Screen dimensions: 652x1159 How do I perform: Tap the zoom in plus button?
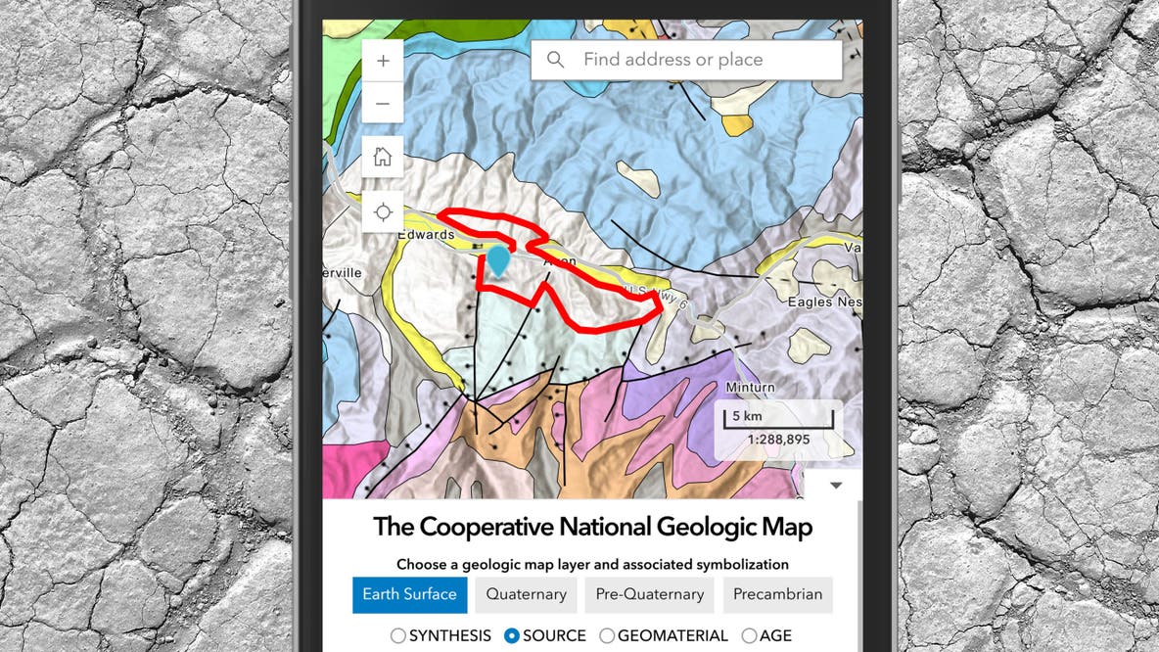pos(383,61)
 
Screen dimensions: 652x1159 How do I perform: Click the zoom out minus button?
pos(383,103)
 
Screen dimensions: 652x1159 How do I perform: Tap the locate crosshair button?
pos(383,211)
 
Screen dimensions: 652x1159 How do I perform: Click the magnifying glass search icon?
pos(556,60)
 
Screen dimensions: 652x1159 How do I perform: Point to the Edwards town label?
pos(426,235)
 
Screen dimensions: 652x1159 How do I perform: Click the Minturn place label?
pos(750,388)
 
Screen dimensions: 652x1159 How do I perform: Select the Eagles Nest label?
pos(824,303)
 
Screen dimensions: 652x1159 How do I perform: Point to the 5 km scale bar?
pos(778,419)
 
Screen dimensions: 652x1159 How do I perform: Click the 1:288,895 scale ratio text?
pos(778,440)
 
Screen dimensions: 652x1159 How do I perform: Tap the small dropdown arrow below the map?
pos(835,485)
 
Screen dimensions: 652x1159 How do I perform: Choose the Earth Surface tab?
pos(409,594)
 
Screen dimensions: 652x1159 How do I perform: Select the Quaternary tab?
pos(526,594)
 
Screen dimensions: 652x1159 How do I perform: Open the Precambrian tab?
pos(778,594)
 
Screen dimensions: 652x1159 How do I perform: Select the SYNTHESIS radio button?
pos(398,636)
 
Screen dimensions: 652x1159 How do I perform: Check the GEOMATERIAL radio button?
pos(607,636)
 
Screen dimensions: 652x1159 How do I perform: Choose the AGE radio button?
pos(750,636)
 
